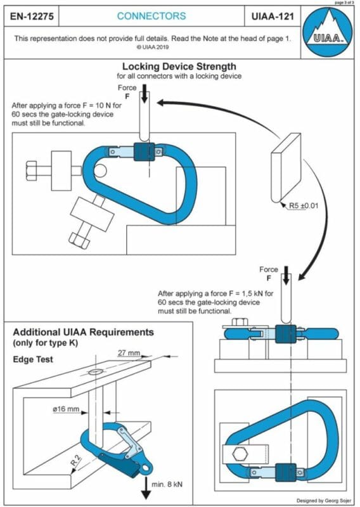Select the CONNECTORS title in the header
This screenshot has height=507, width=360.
coord(151,16)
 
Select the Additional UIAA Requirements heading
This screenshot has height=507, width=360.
coord(83,333)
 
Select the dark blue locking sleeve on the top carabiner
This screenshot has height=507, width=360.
coord(146,153)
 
